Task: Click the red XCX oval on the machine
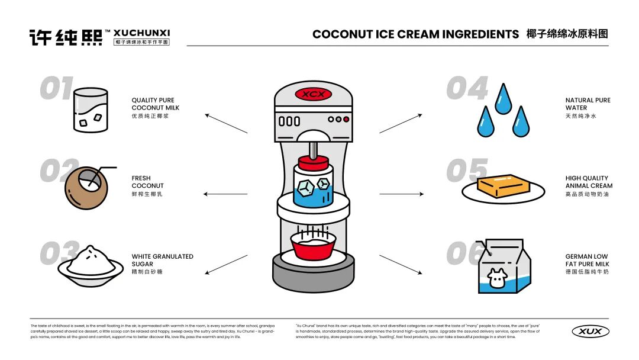pos(313,94)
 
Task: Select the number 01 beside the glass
pos(56,89)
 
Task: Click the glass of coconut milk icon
pos(91,110)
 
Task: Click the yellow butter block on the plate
pos(503,186)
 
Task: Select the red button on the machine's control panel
pos(347,119)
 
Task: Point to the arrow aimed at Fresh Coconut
pos(225,194)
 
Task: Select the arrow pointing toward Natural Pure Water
pos(401,123)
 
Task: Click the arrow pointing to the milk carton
pos(401,264)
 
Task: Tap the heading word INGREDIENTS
pos(473,34)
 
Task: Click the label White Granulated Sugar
pos(162,261)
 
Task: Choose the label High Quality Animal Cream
pos(589,182)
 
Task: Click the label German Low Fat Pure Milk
pos(587,261)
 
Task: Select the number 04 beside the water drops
pos(467,89)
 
